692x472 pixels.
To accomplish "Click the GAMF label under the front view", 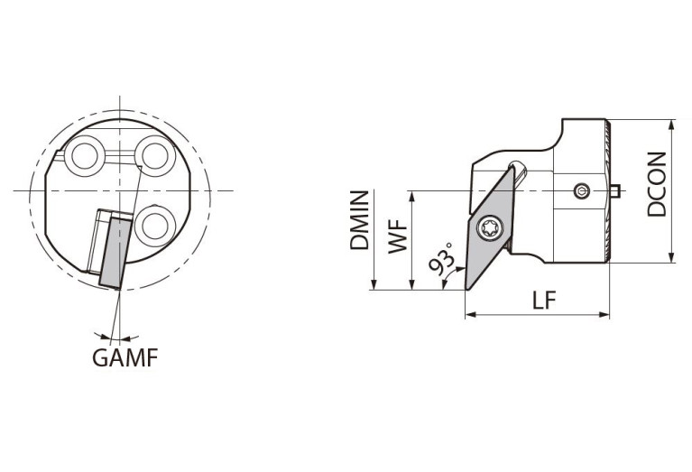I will pyautogui.click(x=125, y=357).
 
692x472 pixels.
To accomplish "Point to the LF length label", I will pyautogui.click(x=544, y=301).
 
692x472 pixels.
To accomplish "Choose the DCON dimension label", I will pyautogui.click(x=658, y=184).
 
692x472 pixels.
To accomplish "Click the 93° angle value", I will pyautogui.click(x=442, y=261).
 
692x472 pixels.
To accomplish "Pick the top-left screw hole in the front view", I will pyautogui.click(x=89, y=156).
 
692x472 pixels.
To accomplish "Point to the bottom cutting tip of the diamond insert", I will pyautogui.click(x=467, y=288).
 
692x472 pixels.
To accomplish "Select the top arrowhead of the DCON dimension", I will pyautogui.click(x=672, y=124).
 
